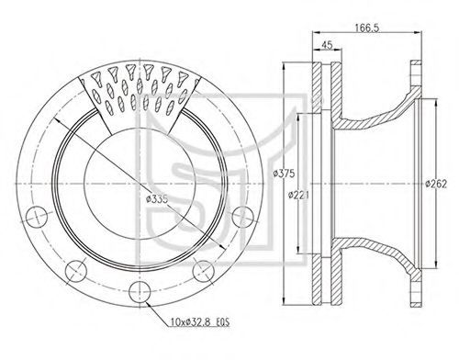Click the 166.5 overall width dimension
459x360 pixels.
[x=367, y=28]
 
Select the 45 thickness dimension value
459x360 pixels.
[x=327, y=45]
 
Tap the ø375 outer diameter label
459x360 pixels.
[x=284, y=174]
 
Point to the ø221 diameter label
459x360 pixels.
[x=299, y=195]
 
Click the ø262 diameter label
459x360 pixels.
[x=436, y=184]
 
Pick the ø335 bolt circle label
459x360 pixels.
[x=157, y=199]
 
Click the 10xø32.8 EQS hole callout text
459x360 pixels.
[x=200, y=322]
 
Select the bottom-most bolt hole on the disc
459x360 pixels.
[x=140, y=292]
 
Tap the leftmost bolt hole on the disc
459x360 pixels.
[x=37, y=217]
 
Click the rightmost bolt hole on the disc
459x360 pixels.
[x=243, y=217]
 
